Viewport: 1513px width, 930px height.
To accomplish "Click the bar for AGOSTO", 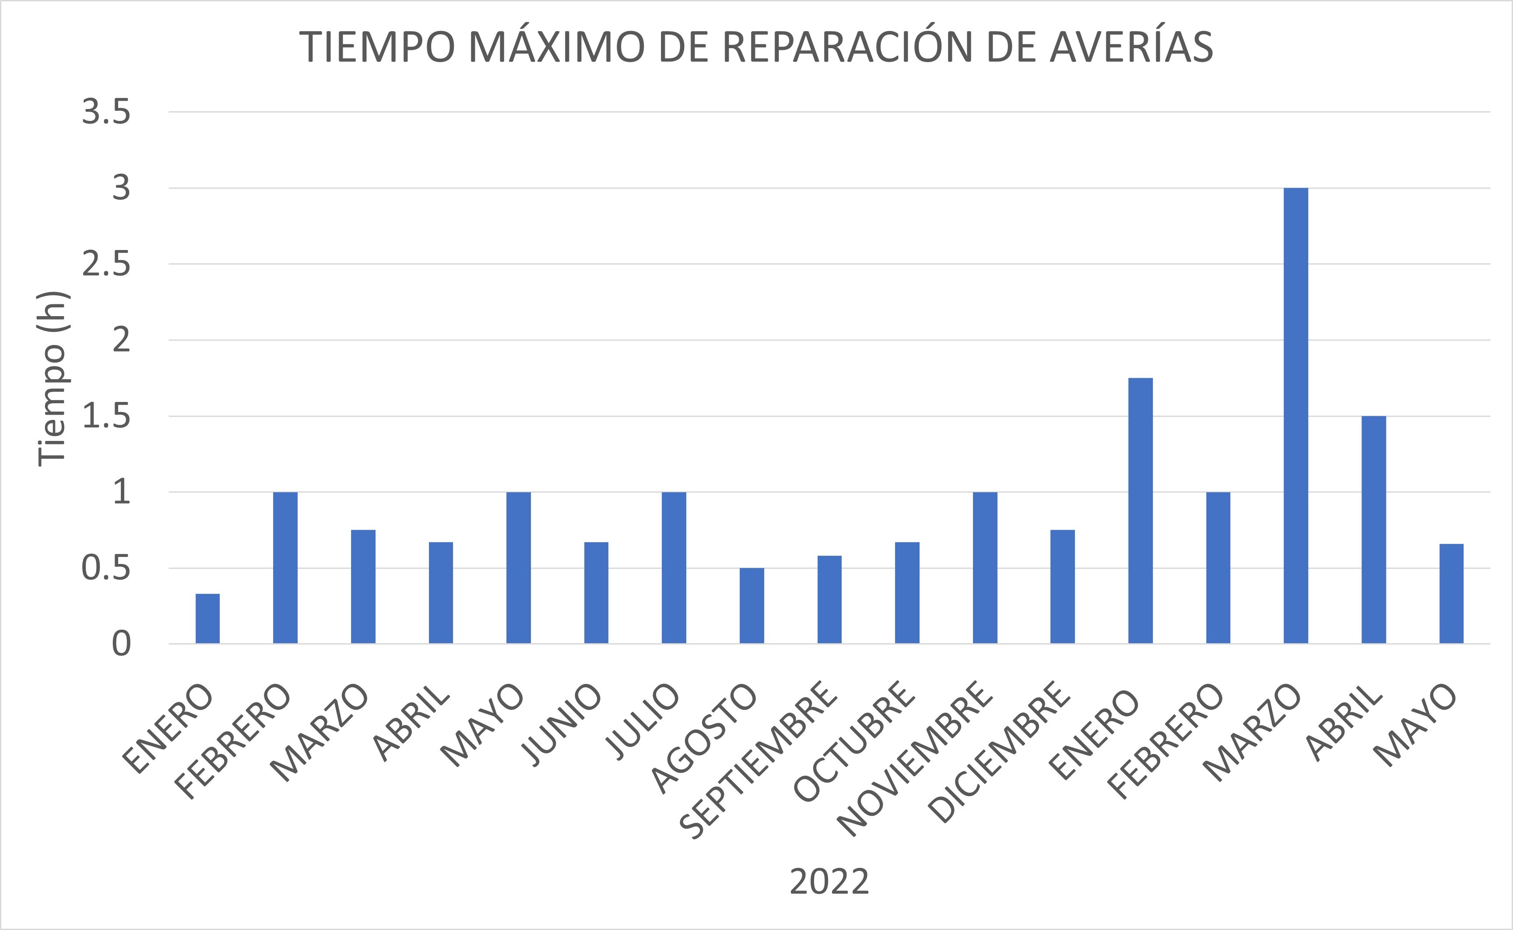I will click(751, 606).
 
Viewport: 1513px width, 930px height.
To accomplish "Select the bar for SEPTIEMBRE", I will click(829, 600).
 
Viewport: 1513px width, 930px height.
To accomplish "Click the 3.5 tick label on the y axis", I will click(106, 113).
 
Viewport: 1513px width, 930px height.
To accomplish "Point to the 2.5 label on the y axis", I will click(106, 264).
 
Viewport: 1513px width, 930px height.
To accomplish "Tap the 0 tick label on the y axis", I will click(121, 645).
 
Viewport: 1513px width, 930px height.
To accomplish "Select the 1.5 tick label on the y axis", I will click(106, 417).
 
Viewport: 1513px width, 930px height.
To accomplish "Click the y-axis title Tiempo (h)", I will click(52, 378).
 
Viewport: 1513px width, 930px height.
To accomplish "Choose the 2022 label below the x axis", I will click(829, 882).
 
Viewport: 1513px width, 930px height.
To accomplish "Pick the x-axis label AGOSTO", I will click(704, 738).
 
